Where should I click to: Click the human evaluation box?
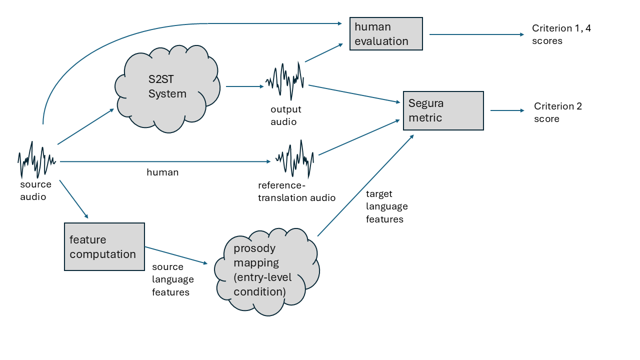click(386, 33)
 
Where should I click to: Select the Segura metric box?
click(443, 110)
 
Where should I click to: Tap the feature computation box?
click(104, 246)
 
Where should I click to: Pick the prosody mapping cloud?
click(266, 270)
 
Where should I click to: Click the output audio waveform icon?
click(284, 81)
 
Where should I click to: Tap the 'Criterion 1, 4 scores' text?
click(561, 34)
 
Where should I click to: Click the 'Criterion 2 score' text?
click(557, 112)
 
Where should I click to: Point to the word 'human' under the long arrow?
click(162, 172)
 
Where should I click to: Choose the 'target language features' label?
click(386, 206)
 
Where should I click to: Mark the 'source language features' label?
click(172, 279)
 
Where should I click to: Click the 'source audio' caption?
click(35, 190)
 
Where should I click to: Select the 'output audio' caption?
click(286, 115)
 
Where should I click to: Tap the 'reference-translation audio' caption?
click(296, 191)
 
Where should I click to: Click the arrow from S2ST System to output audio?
click(244, 86)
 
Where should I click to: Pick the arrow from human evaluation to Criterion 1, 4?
click(476, 34)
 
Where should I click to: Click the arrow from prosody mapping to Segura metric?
click(365, 185)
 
